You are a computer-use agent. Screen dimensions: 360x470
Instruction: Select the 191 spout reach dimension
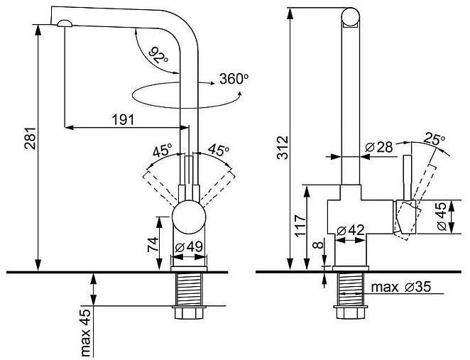coord(124,119)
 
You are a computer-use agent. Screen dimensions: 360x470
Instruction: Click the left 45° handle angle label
coord(163,151)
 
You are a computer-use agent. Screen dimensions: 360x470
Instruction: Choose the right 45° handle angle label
coord(217,151)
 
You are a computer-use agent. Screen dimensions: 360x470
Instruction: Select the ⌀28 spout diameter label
coord(379,147)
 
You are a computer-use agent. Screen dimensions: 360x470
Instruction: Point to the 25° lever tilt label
coord(435,138)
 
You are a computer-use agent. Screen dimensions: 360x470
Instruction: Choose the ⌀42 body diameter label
coord(351,229)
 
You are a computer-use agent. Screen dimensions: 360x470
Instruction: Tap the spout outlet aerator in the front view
coord(64,23)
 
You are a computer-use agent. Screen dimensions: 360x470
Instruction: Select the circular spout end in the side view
coord(351,16)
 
